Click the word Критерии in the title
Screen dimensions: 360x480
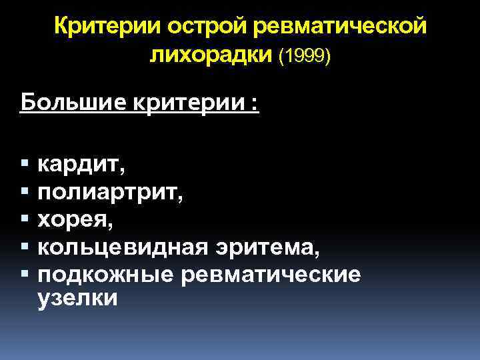click(x=107, y=27)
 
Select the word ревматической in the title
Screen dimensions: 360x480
click(x=339, y=27)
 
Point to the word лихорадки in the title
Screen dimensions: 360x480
click(x=210, y=56)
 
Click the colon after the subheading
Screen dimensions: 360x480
click(x=254, y=106)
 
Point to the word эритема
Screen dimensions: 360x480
click(x=271, y=247)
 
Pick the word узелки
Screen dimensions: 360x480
click(x=77, y=299)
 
